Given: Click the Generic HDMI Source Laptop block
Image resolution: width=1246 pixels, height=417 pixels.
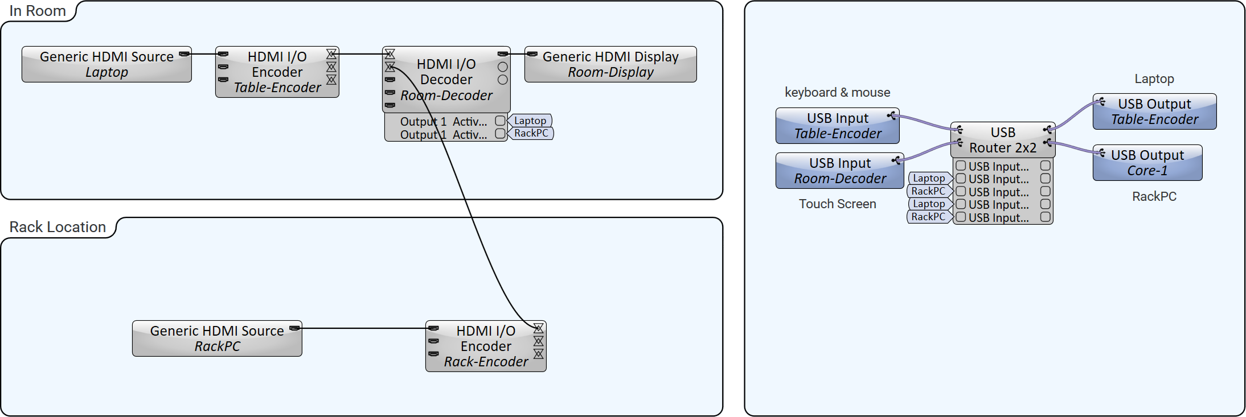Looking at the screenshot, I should coord(106,64).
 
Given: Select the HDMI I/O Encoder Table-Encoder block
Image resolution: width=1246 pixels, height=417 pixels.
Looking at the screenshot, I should coord(277,72).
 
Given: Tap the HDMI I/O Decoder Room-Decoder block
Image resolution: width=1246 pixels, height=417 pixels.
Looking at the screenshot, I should coord(446,80).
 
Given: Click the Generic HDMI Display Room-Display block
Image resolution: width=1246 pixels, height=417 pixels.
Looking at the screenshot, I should coord(610,64).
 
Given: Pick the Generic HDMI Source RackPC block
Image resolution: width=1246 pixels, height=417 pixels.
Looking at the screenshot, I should coord(217,338).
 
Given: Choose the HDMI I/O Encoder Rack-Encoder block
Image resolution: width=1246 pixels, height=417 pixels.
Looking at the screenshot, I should coord(486,346).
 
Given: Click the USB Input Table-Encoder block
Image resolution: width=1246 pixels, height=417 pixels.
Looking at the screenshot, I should coord(837,126).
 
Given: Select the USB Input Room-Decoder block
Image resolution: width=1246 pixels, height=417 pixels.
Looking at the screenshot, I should coord(839,171).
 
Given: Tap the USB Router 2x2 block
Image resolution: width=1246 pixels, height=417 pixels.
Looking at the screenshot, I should coord(1002,140).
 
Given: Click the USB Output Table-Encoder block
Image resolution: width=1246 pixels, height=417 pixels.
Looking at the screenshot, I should coord(1154,112).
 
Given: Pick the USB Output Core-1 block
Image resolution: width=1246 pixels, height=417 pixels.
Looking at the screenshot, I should coord(1147,163).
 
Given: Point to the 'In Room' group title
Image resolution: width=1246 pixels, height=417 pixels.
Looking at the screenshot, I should coord(38,11).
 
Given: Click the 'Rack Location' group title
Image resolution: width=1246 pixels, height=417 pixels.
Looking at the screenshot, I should coord(58,227).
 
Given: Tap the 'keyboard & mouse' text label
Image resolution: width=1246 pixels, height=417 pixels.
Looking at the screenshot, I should coord(837,92).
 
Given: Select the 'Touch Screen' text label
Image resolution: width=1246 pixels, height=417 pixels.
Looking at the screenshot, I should coord(837,204).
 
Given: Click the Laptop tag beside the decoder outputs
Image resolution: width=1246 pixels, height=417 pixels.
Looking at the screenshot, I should coord(530,121).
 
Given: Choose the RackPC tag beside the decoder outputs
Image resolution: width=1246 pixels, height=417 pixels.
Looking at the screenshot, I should coord(531,133).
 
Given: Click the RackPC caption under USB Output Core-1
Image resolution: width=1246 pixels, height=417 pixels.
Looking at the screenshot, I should coord(1154,196).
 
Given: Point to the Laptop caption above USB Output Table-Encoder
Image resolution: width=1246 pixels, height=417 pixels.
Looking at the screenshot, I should coord(1154,79).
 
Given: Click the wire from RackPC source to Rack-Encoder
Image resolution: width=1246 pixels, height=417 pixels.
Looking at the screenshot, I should coord(364,328).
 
